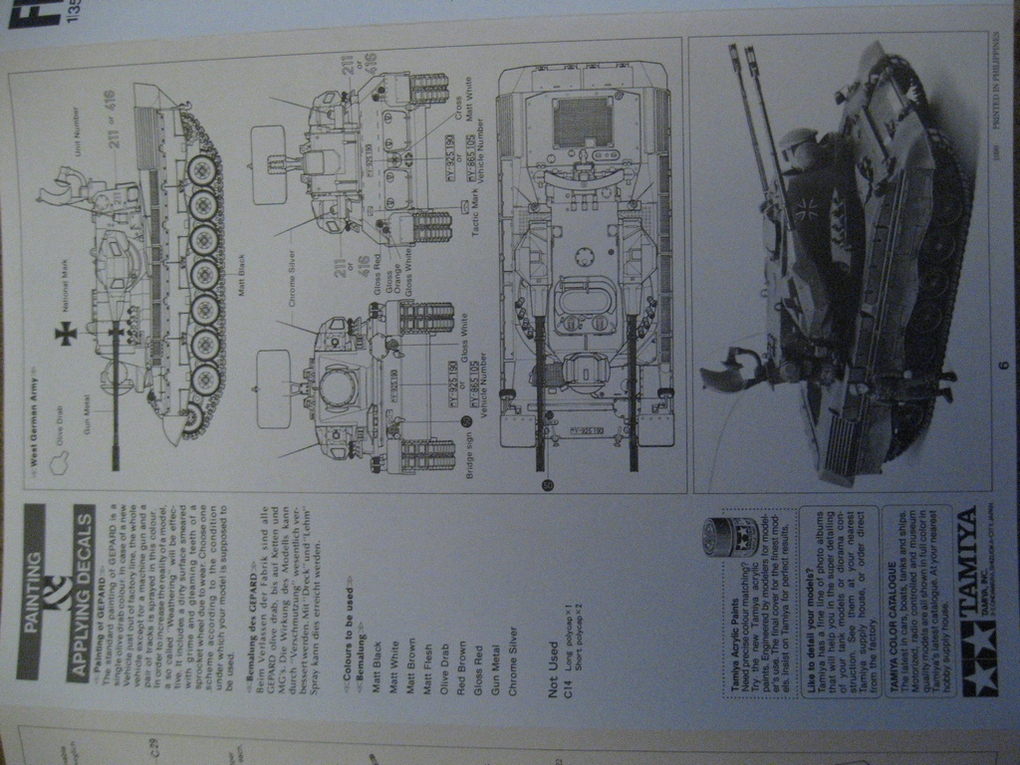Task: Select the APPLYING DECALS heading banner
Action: point(82,578)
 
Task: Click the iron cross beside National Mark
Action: point(66,334)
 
